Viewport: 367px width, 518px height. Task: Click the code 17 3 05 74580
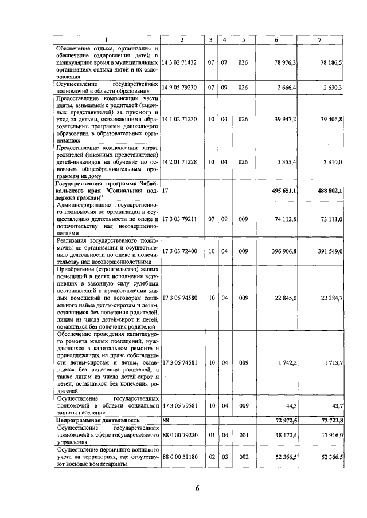pos(180,298)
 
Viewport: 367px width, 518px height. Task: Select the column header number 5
pos(244,39)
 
